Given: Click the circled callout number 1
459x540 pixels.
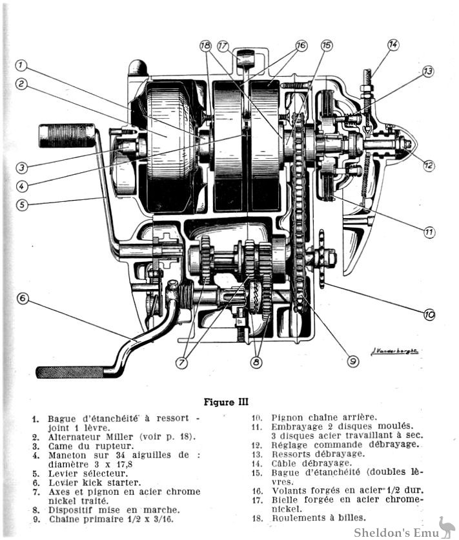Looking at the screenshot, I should [21, 65].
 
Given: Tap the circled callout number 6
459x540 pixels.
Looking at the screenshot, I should [23, 298].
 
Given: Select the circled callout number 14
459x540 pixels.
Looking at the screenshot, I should [393, 45].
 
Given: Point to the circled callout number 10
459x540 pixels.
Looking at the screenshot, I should [429, 314].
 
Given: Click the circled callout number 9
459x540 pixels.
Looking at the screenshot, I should [352, 361].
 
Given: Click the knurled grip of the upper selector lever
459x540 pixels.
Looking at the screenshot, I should [58, 135].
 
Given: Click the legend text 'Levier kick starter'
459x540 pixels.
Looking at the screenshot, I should [88, 482].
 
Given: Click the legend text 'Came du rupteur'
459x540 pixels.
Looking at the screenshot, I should [77, 446].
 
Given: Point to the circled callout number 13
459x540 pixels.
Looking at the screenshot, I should [428, 71].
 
